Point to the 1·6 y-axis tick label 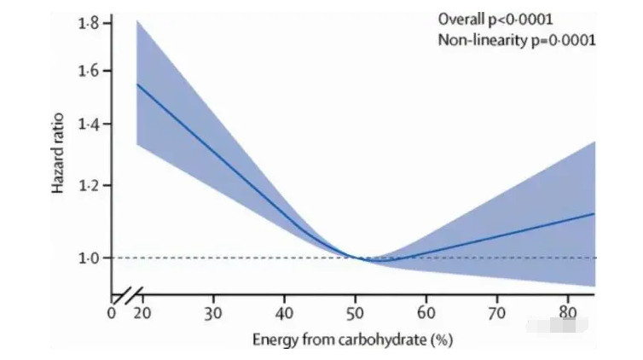click(89, 71)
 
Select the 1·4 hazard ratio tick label click(89, 125)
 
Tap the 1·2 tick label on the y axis click(89, 185)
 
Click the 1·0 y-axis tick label click(89, 258)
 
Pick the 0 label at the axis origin click(112, 312)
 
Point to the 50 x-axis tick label click(356, 313)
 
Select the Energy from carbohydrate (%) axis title click(352, 340)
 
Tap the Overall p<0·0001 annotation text click(490, 18)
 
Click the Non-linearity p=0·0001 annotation click(515, 40)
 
